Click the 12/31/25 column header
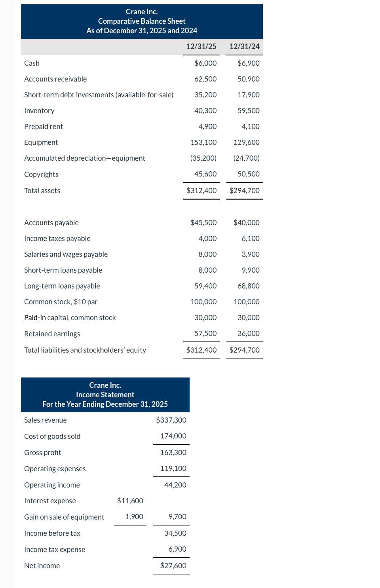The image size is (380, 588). click(201, 46)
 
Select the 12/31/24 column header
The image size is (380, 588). click(244, 46)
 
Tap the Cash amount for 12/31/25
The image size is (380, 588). click(205, 63)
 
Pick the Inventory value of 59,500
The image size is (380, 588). click(248, 111)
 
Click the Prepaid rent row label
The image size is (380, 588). click(44, 127)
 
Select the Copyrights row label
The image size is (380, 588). click(41, 175)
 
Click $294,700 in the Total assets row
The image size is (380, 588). click(244, 191)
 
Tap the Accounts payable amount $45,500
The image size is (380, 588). click(203, 223)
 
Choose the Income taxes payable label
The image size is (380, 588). click(57, 239)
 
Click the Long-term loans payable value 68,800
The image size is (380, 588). click(248, 286)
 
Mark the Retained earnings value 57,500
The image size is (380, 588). click(205, 334)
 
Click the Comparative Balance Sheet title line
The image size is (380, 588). click(142, 21)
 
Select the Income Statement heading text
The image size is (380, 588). click(105, 395)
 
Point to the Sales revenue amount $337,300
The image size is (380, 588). click(171, 420)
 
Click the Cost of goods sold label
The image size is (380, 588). click(52, 436)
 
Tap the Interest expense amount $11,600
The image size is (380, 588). click(130, 501)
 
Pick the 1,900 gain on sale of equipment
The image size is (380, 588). click(134, 517)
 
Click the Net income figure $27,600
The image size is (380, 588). click(173, 566)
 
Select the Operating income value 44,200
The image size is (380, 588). click(175, 485)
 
